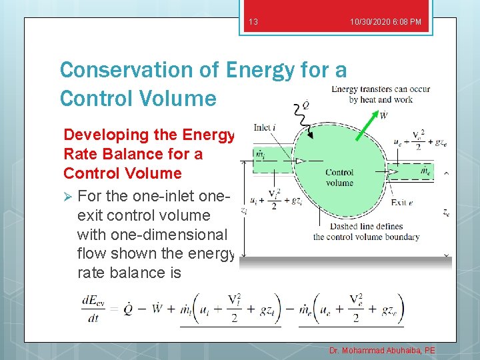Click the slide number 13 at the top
point(253,23)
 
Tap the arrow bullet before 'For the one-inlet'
point(67,197)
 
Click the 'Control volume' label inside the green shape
point(339,177)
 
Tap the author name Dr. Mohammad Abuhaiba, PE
point(382,350)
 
